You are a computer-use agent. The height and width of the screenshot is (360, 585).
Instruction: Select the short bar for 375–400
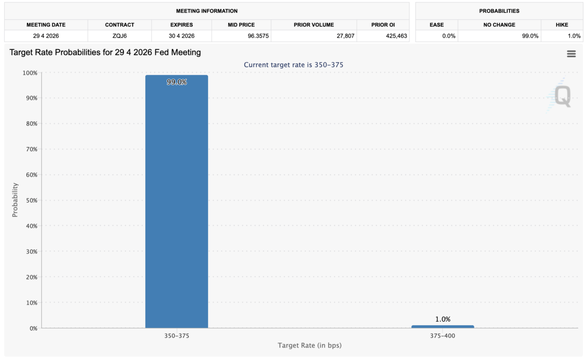(x=442, y=326)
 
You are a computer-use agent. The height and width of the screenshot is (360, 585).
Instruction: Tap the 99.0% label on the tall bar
(x=176, y=82)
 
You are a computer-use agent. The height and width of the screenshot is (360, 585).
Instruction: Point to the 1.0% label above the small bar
(x=442, y=319)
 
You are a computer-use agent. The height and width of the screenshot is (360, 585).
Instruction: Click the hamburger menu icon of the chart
(x=571, y=54)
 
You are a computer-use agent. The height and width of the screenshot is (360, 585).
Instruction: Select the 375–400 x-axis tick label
(x=442, y=336)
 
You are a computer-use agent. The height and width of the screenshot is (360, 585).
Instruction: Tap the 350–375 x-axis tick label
(x=176, y=336)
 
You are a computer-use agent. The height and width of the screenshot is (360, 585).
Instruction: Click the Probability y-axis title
(x=15, y=200)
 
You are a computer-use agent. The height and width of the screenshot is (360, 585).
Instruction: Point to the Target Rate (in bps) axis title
(x=309, y=345)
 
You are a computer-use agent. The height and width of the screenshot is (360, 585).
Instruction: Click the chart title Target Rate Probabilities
(x=105, y=53)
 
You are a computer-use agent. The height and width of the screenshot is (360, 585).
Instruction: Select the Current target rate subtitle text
(x=293, y=65)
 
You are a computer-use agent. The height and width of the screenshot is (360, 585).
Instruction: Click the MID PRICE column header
(x=241, y=25)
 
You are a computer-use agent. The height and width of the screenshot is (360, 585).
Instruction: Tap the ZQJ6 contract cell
(x=119, y=36)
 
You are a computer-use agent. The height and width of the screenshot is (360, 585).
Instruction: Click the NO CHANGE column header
(x=499, y=25)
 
